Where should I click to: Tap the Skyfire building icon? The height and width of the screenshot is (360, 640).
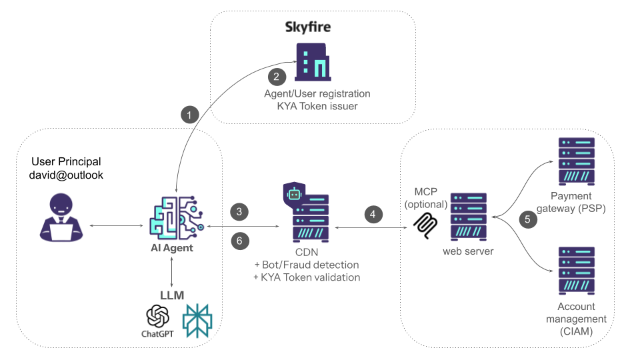coord(313,63)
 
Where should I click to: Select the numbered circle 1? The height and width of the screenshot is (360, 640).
coord(191,115)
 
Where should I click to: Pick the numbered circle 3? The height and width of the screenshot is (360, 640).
coord(239,212)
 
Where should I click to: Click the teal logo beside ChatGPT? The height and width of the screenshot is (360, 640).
coord(197,319)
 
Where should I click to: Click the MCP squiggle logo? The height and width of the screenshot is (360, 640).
coord(424,227)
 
